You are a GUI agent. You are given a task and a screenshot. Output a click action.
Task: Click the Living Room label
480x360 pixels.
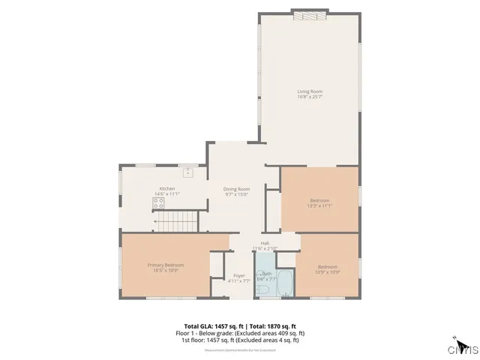(310, 91)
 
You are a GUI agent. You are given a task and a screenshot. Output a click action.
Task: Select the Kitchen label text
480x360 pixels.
(166, 188)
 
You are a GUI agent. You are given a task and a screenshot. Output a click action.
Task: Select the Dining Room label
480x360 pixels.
(236, 188)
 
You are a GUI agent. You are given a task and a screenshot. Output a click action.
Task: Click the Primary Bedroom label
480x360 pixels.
(166, 265)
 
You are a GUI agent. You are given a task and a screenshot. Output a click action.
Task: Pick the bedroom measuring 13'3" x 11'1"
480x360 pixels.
(320, 201)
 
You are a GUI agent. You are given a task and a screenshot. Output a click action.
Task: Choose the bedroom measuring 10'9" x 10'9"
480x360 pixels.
(328, 268)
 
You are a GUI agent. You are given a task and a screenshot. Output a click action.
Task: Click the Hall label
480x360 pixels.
(265, 243)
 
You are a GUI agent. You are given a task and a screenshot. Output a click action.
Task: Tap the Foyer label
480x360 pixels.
(239, 276)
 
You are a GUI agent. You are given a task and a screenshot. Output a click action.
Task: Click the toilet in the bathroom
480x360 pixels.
(263, 289)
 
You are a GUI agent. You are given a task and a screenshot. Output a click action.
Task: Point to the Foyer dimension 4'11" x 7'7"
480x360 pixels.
(239, 282)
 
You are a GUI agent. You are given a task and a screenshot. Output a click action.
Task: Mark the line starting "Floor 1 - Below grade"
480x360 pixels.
(240, 333)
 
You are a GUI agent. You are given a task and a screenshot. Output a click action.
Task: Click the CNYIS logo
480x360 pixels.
(463, 348)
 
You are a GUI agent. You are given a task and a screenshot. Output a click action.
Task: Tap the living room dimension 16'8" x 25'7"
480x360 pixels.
(310, 97)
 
